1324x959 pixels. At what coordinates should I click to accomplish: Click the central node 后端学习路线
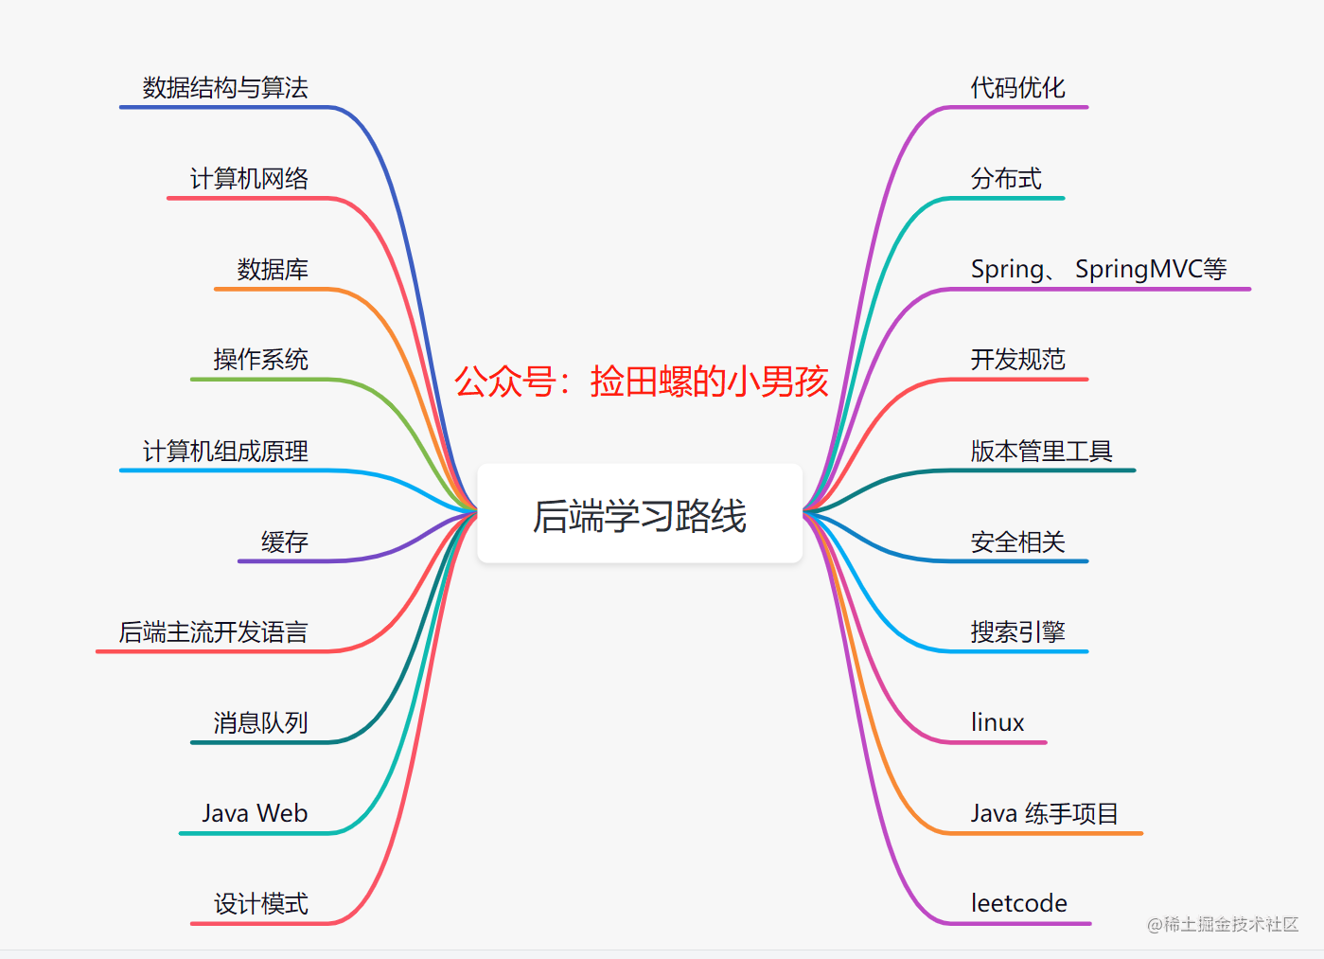point(640,514)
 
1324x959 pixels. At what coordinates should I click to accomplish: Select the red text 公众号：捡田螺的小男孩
point(642,382)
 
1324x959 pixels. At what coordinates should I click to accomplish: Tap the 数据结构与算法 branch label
point(225,87)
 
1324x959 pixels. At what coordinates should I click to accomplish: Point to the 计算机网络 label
point(249,179)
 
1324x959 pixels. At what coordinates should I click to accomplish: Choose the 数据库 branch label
point(273,270)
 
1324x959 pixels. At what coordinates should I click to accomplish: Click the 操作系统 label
point(260,360)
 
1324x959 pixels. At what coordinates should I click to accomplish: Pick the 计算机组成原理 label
point(225,452)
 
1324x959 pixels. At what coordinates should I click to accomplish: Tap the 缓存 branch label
point(284,542)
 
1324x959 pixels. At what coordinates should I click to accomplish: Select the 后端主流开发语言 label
point(213,632)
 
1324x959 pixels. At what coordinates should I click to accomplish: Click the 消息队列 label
point(260,722)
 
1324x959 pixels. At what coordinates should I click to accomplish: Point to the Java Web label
point(255,813)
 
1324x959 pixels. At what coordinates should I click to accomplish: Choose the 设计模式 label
point(260,903)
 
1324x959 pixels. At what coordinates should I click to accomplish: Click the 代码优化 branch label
point(1017,87)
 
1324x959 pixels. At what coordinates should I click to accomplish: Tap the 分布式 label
point(1006,179)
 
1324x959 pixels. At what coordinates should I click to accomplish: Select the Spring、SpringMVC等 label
point(1099,270)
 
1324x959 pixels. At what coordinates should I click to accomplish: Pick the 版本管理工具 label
point(1041,452)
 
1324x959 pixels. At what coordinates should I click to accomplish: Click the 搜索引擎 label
point(1017,632)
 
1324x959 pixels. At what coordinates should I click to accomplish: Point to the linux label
point(997,722)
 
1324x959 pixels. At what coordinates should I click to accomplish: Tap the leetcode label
point(1019,903)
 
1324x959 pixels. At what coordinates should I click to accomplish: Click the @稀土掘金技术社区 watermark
point(1223,924)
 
